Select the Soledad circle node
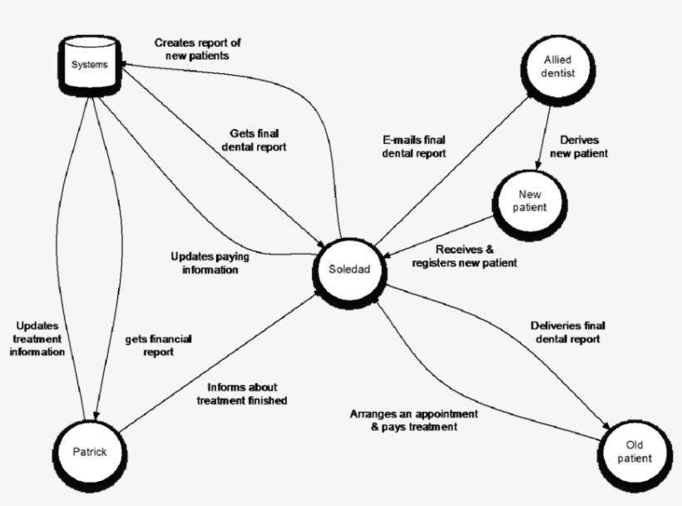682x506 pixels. (343, 270)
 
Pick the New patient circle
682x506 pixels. (531, 201)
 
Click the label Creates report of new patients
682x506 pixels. (197, 49)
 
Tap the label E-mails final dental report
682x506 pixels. (413, 146)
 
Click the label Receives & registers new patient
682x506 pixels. (463, 255)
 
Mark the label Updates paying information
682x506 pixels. (209, 262)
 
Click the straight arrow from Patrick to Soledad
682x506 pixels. (216, 367)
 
